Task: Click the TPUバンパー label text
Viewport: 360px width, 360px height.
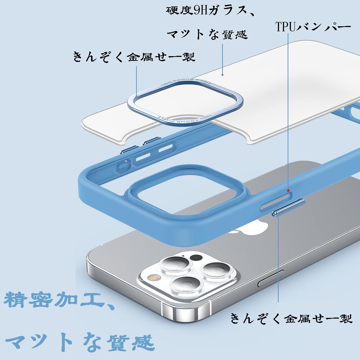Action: pyautogui.click(x=313, y=27)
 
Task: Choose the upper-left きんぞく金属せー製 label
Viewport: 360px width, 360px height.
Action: pyautogui.click(x=134, y=57)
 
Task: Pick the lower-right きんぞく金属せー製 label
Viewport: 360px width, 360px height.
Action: pyautogui.click(x=291, y=319)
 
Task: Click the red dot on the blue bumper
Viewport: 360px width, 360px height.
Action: pyautogui.click(x=288, y=190)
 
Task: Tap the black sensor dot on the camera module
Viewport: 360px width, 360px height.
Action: pyautogui.click(x=196, y=258)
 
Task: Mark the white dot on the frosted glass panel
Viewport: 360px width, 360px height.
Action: pyautogui.click(x=222, y=75)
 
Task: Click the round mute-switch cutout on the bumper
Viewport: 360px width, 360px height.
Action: pyautogui.click(x=122, y=166)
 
